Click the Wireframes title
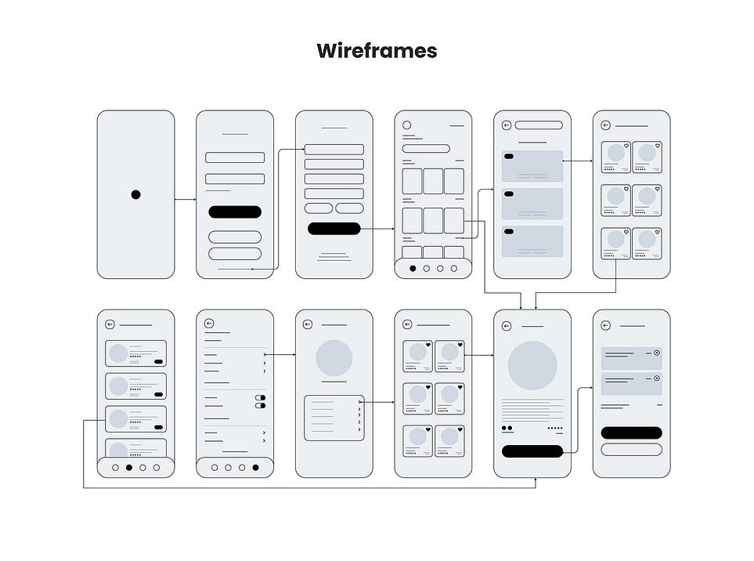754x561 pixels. point(377,52)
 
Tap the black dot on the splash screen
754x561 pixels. point(135,194)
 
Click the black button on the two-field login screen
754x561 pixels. point(235,212)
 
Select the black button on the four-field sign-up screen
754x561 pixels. point(334,229)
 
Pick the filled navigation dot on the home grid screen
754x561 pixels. point(413,268)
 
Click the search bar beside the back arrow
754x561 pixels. point(539,125)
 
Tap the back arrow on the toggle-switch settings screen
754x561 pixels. point(209,324)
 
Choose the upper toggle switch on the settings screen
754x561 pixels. point(261,398)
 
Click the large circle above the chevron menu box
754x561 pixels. point(334,358)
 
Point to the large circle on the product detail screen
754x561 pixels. point(532,366)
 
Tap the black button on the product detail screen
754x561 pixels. point(532,451)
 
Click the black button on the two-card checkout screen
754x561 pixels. point(631,433)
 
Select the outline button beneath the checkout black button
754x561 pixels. point(631,449)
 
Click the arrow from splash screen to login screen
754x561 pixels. point(186,200)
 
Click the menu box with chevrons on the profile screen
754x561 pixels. point(334,418)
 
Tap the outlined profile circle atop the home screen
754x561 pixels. point(407,125)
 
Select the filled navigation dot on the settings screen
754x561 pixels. point(256,468)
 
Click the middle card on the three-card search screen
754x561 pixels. point(532,203)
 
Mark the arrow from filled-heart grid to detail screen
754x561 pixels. point(479,355)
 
